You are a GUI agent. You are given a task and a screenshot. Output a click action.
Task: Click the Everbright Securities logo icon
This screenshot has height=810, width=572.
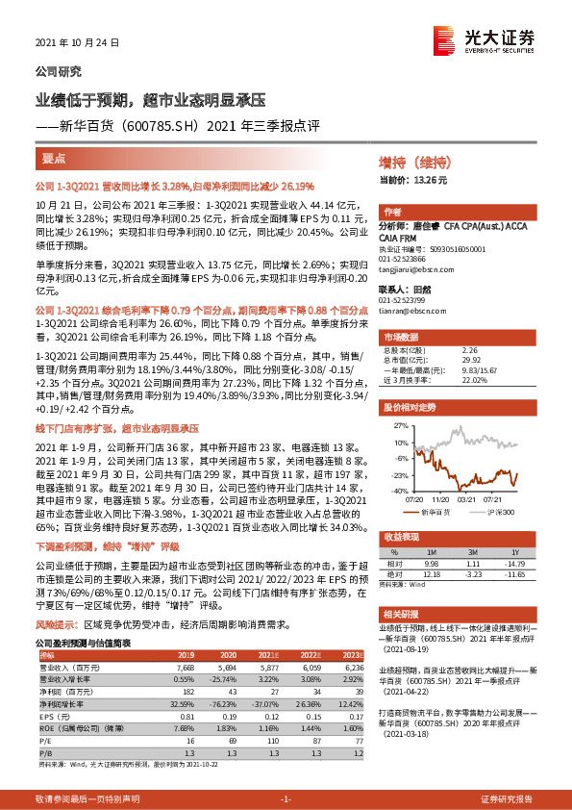click(x=444, y=38)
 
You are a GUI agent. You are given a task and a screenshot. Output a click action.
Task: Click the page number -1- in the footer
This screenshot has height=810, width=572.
click(x=285, y=799)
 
